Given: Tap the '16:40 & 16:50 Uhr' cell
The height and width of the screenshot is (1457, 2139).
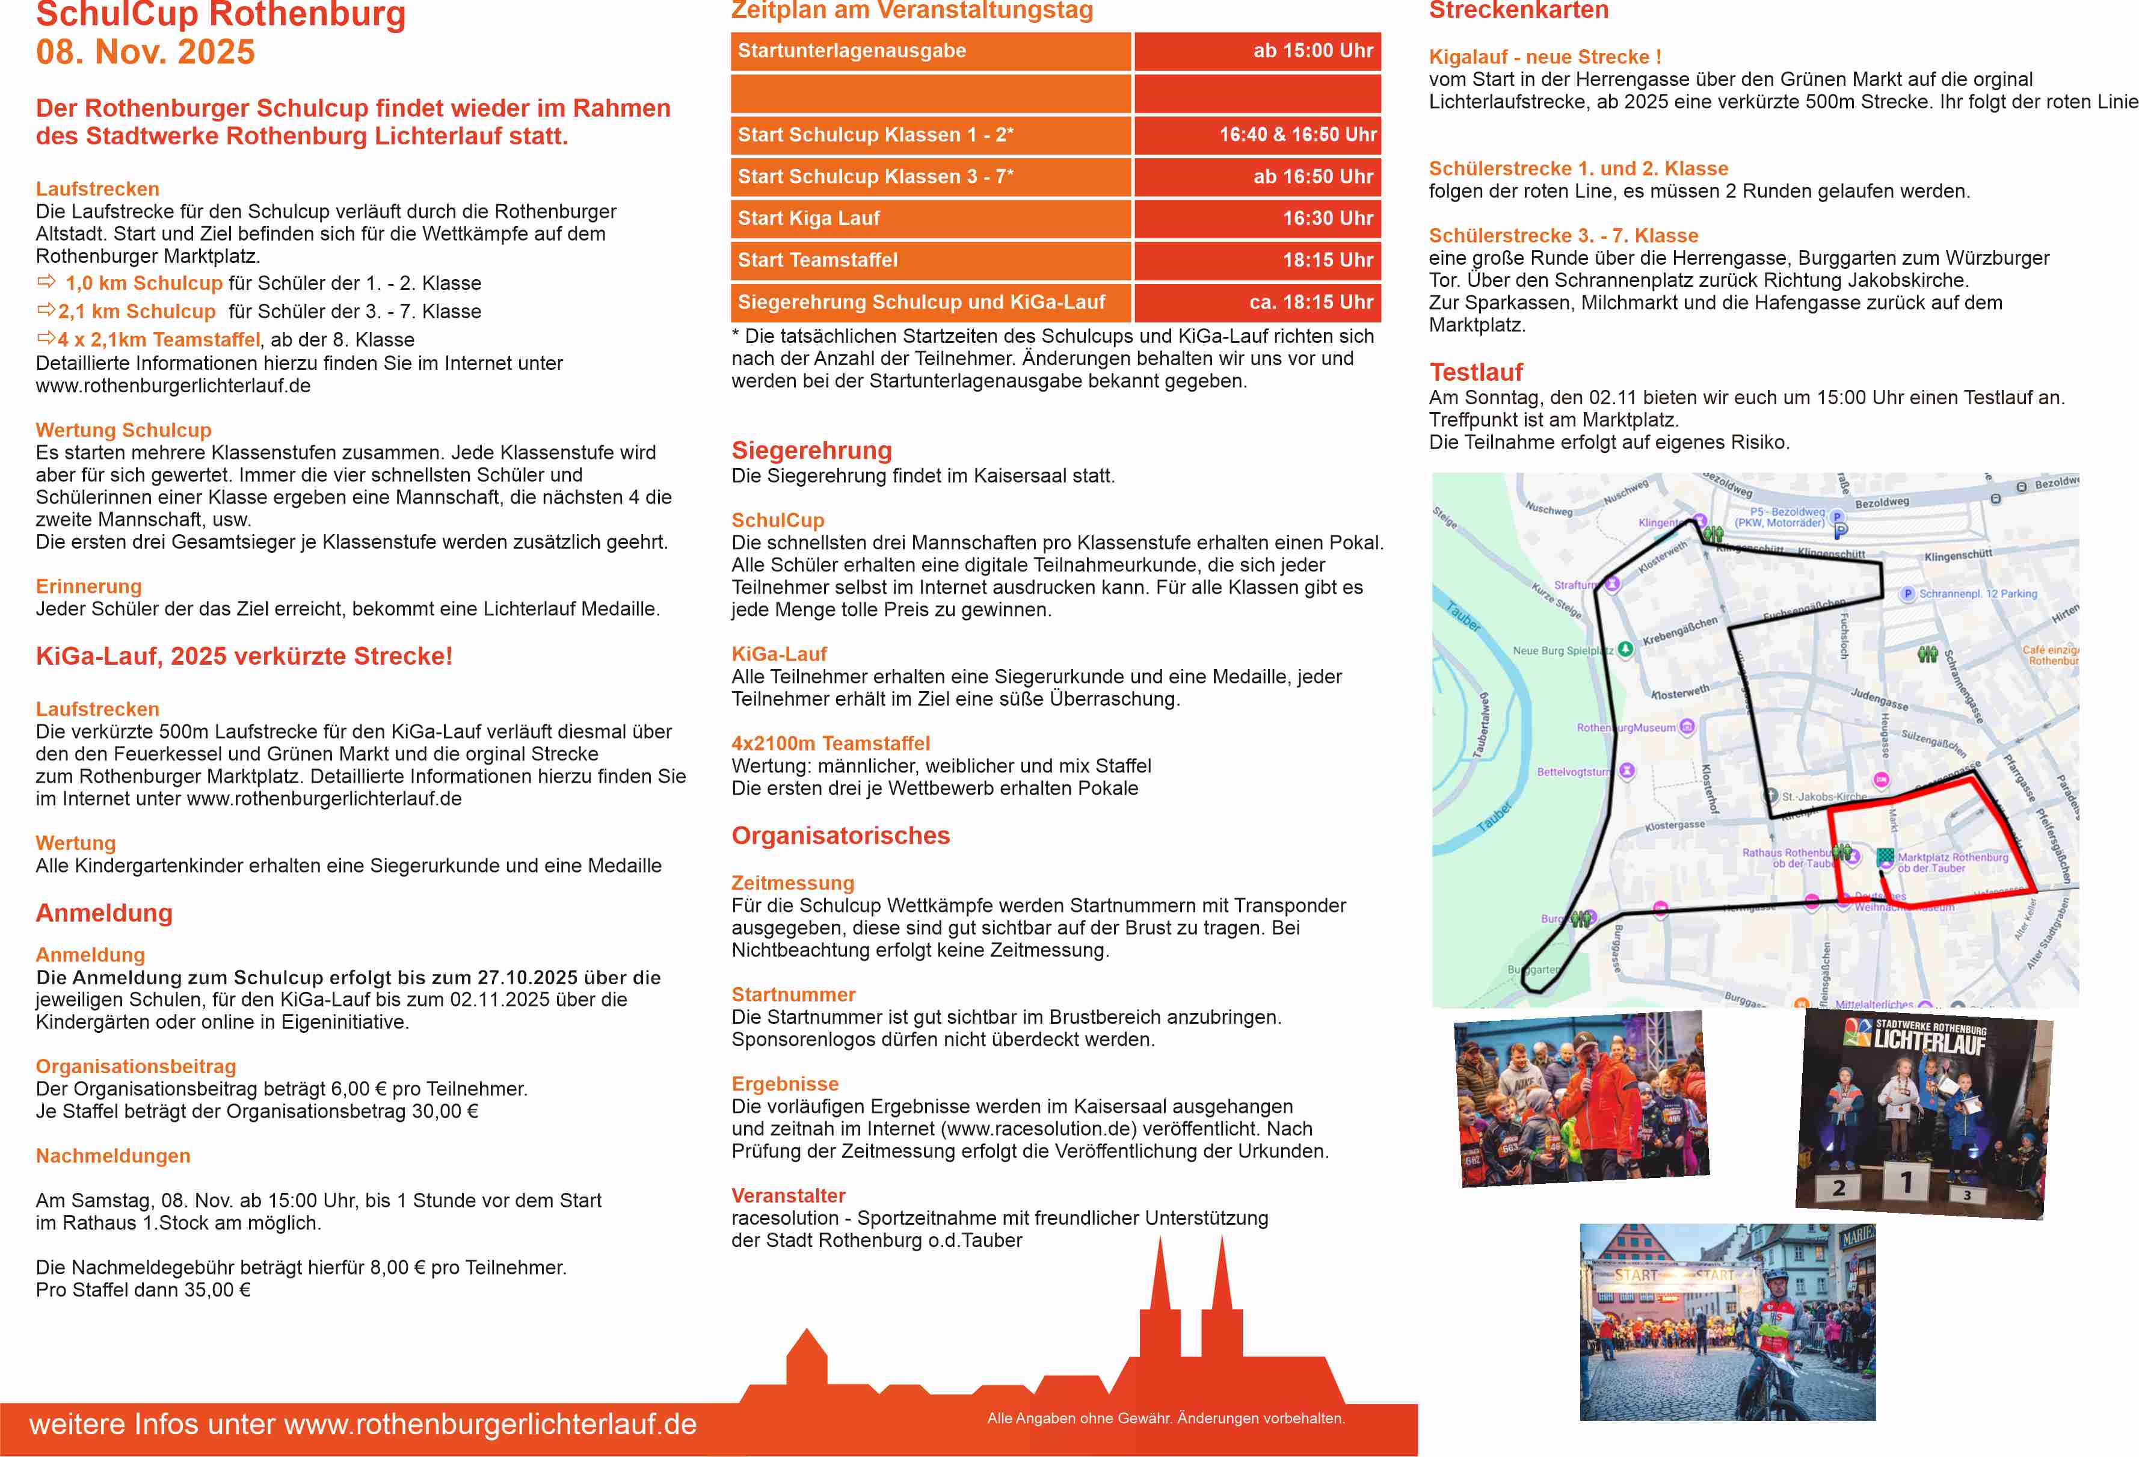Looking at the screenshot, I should (1297, 134).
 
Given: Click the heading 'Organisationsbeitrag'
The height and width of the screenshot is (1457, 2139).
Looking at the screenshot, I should (135, 1066).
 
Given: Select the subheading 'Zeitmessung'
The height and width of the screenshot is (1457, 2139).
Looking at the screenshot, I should (792, 883).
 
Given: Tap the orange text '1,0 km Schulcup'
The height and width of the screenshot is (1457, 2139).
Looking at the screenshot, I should (144, 283).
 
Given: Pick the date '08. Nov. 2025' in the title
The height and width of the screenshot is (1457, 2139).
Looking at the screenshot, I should (146, 52).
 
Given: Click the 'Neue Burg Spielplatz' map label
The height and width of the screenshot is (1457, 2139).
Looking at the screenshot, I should (1563, 651).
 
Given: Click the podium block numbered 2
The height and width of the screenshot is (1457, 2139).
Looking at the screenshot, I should (1838, 1187).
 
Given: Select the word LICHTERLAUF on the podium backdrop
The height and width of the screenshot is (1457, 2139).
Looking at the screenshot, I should (1929, 1042).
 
